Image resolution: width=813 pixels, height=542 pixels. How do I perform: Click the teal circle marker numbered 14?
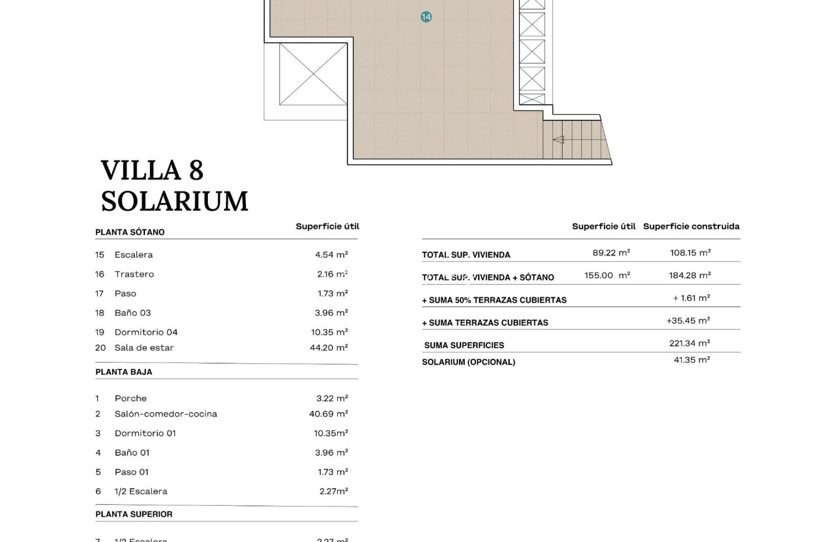click(426, 17)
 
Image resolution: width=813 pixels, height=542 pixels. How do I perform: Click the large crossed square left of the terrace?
click(313, 74)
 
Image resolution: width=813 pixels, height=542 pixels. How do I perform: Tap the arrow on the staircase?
click(558, 140)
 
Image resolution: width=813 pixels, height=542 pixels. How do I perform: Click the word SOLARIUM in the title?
click(175, 202)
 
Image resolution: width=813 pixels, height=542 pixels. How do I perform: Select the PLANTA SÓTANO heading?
click(130, 232)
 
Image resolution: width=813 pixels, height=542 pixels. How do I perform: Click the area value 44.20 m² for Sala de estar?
click(329, 348)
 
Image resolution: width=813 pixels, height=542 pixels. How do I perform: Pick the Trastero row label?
click(134, 275)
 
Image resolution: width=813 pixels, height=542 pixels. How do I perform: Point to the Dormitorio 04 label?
click(146, 332)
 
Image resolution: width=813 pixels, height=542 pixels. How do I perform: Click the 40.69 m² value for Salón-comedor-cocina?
click(328, 414)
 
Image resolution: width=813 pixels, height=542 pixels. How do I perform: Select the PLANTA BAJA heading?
click(124, 372)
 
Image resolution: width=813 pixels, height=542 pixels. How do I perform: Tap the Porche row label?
click(130, 398)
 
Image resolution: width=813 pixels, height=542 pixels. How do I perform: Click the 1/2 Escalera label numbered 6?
click(141, 492)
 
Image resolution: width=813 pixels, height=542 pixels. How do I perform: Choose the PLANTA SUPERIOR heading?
click(134, 514)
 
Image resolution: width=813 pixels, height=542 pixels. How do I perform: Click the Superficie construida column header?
click(691, 226)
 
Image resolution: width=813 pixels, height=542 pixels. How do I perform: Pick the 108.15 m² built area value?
click(690, 253)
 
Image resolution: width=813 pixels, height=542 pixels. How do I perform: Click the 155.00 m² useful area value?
click(607, 276)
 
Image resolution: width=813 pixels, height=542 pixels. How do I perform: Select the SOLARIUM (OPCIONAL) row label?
click(468, 362)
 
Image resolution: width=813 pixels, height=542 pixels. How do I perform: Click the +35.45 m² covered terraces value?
click(688, 321)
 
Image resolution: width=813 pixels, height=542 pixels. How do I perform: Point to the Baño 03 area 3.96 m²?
click(331, 313)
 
